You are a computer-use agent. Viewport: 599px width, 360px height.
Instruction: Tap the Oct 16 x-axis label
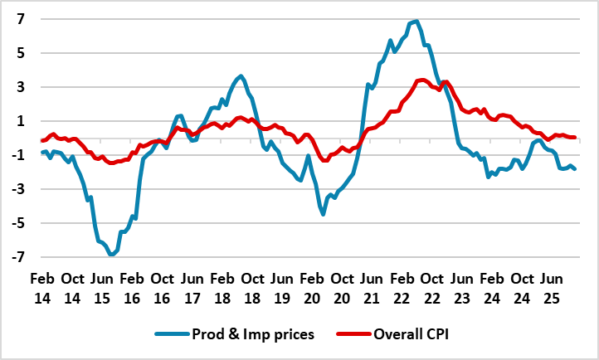pos(162,286)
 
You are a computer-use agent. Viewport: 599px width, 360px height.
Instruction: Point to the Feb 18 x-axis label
pos(222,286)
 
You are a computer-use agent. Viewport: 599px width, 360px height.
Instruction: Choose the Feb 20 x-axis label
pos(313,286)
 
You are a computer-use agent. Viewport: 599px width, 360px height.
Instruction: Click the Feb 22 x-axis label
pos(403,286)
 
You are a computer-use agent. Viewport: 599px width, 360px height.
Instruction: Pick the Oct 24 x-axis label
pos(524,286)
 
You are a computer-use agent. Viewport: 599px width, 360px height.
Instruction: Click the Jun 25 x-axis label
pos(555,286)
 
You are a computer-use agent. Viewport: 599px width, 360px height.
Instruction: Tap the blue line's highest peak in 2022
pos(416,21)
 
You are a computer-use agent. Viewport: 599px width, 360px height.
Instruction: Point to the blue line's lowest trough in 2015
pos(111,255)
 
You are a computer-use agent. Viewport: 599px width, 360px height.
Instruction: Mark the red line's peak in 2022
pos(422,80)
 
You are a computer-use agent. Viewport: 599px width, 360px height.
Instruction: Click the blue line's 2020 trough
pos(324,214)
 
